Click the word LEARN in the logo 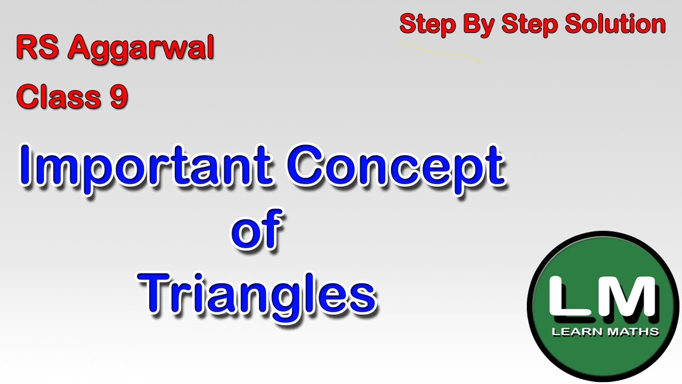pyautogui.click(x=577, y=332)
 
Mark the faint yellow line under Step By pyautogui.click(x=440, y=52)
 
